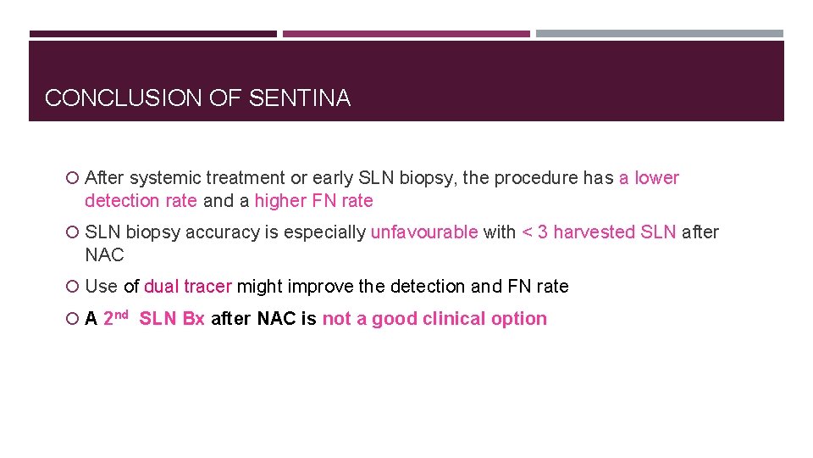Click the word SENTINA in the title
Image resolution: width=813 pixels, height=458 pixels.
(x=300, y=98)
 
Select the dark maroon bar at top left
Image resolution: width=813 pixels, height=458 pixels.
(x=152, y=34)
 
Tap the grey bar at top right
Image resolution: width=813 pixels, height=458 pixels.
(x=659, y=34)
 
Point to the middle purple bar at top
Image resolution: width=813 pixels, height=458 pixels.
(x=406, y=34)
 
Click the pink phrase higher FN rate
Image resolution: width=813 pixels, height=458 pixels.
(x=313, y=201)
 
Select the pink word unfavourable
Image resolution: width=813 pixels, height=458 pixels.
(x=424, y=232)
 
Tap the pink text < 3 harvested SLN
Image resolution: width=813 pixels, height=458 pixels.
(x=599, y=232)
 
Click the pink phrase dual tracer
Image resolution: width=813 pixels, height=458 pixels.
(x=187, y=287)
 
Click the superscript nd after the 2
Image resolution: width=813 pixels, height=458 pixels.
(x=121, y=315)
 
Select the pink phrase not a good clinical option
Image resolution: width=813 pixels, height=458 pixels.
(x=434, y=319)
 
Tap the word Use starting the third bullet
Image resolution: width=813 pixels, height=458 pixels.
(x=101, y=287)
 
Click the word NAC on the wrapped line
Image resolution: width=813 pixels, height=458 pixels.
(x=104, y=255)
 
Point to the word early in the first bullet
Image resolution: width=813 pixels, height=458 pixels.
(x=332, y=178)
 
